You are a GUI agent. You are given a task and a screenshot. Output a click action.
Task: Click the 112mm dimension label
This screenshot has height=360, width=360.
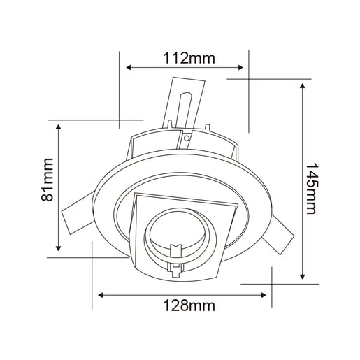(x=189, y=58)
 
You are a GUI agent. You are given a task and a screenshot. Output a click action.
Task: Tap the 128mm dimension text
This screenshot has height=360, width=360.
(x=189, y=305)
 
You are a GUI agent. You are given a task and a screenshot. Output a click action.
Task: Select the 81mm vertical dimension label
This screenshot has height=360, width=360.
(x=47, y=180)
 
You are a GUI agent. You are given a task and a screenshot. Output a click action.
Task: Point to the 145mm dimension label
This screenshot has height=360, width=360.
(x=312, y=189)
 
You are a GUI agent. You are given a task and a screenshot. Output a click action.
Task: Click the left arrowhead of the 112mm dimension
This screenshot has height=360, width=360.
(x=129, y=68)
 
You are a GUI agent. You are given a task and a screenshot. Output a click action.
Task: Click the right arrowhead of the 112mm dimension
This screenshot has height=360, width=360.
(x=240, y=68)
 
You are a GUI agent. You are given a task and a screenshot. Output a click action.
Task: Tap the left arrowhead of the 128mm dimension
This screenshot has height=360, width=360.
(x=101, y=295)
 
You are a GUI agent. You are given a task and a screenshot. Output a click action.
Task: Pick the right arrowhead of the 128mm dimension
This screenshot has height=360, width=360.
(x=264, y=295)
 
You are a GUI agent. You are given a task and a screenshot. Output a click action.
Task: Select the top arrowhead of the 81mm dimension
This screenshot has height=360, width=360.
(x=58, y=127)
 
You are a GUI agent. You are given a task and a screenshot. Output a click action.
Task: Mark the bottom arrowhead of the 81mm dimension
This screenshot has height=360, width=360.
(x=58, y=248)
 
